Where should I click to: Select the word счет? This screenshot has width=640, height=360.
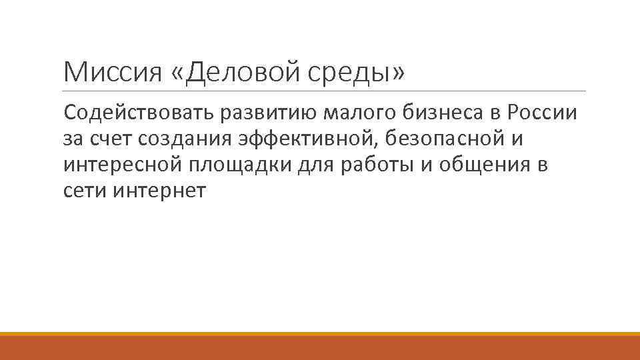pos(117,139)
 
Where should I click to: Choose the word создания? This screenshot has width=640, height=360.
pos(182,139)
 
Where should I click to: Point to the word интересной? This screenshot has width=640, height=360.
pos(122,165)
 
